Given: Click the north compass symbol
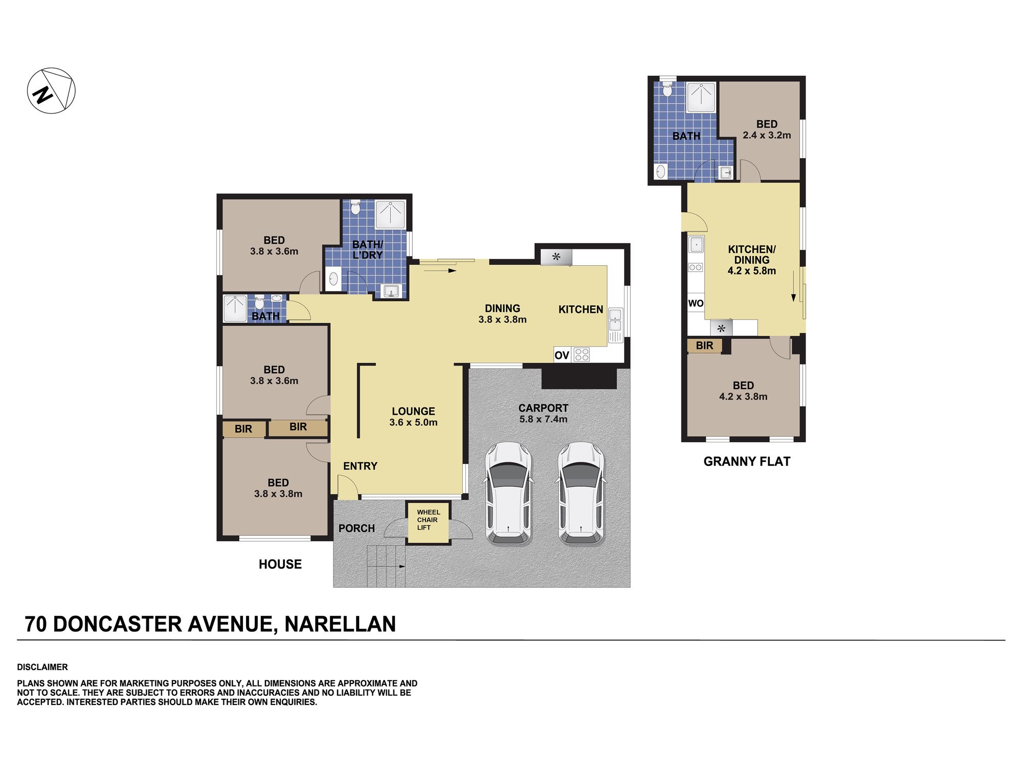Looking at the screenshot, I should [51, 91].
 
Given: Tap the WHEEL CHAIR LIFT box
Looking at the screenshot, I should [428, 522].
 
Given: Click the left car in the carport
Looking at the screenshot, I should [508, 493].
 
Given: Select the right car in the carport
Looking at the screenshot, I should [581, 493].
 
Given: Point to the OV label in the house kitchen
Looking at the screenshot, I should [562, 355].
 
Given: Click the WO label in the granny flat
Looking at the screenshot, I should [696, 303].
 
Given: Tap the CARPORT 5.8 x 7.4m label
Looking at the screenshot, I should [543, 414].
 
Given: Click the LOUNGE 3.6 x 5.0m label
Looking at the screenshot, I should [413, 417].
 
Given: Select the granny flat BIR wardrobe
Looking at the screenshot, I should [704, 346].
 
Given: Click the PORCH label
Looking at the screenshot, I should [357, 528].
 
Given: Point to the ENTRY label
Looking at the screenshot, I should [360, 466].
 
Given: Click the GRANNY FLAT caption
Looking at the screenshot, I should [747, 461].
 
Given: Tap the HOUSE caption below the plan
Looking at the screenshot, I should [280, 564].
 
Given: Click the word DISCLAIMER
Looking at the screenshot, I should [42, 667].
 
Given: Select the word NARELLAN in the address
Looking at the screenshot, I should [340, 624].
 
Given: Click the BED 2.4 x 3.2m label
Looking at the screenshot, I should [767, 130].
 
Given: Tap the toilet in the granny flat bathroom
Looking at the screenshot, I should [667, 90].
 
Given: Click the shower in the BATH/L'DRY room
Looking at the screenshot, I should [391, 214].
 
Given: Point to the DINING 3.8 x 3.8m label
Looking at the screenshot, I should [502, 314].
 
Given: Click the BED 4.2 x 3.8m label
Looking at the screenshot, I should [743, 391].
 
